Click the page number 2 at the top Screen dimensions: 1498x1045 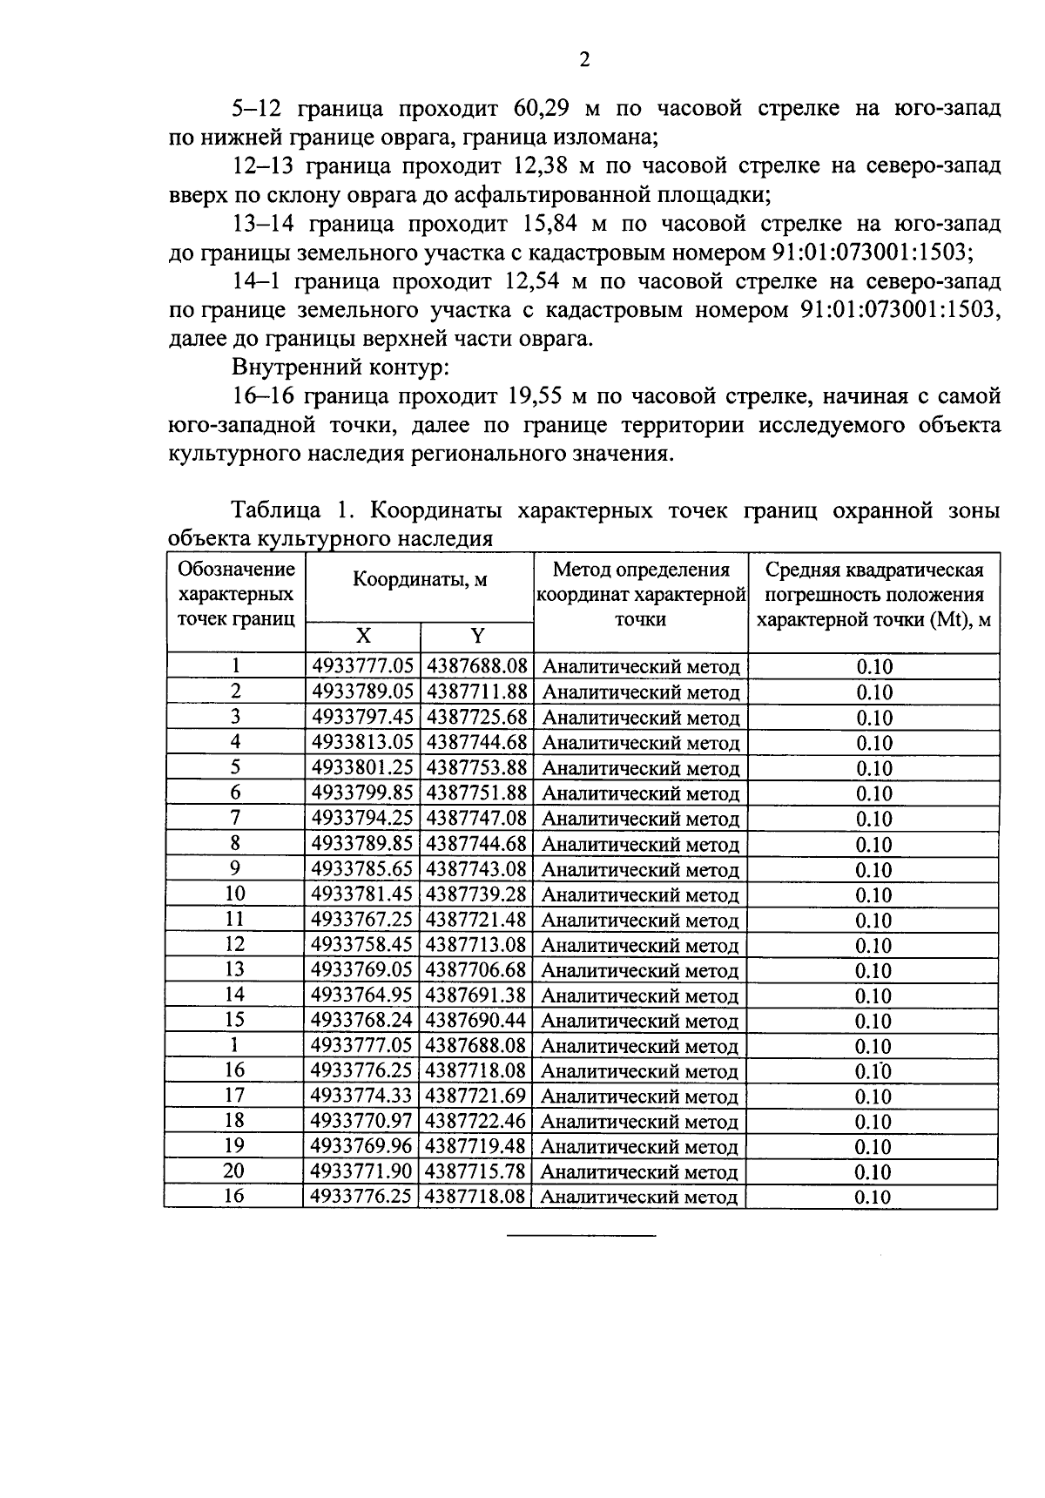tap(584, 60)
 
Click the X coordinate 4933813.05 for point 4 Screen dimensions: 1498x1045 tap(361, 743)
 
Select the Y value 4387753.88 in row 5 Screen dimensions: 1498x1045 tap(476, 768)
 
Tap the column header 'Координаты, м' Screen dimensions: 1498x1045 tap(419, 581)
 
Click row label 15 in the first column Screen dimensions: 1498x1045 tap(234, 1020)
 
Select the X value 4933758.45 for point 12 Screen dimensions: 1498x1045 tap(361, 945)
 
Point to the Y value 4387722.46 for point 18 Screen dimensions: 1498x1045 tap(476, 1121)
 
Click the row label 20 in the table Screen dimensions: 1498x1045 tap(234, 1171)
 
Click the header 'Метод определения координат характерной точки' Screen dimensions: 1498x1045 tap(641, 594)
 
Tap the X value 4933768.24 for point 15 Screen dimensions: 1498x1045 tap(361, 1020)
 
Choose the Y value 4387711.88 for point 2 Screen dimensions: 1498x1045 tap(476, 692)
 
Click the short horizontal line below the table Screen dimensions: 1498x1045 tap(581, 1236)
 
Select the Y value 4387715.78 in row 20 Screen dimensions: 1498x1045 tap(476, 1171)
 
